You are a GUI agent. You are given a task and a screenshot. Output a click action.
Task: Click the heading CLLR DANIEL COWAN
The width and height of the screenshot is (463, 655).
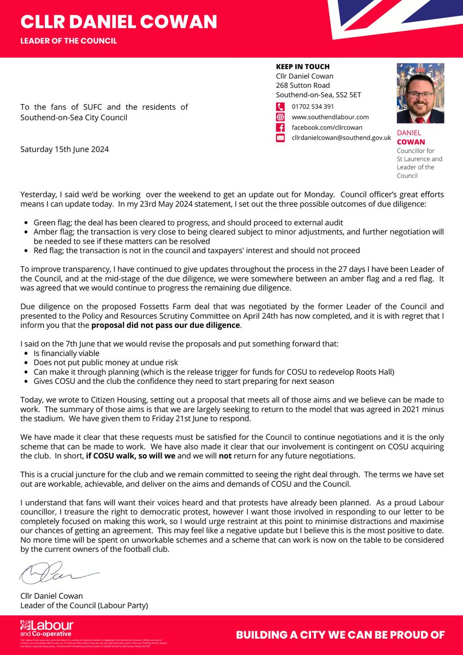point(118,22)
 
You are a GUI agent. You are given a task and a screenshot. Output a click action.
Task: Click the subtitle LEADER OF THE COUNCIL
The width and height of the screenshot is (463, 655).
point(68,41)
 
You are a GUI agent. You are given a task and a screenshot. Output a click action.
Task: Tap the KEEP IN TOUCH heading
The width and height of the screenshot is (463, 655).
point(302,67)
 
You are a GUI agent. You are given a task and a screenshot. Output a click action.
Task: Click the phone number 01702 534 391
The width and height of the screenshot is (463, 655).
point(313,106)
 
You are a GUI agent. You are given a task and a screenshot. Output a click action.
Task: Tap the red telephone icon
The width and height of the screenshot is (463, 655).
point(281,107)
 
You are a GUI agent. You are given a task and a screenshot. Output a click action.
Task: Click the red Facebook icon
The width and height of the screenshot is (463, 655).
point(281,128)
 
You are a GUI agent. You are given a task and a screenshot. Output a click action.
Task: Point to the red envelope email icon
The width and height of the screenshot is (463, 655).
point(281,139)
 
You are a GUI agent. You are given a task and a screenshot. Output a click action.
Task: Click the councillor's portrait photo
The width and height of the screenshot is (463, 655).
point(420,93)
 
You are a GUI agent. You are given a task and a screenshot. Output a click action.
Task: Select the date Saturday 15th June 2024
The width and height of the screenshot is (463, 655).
point(64,149)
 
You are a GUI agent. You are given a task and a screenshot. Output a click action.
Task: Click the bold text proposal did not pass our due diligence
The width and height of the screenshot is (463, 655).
point(166,326)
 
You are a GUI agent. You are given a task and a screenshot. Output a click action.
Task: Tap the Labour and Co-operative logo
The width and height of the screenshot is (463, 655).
point(46,627)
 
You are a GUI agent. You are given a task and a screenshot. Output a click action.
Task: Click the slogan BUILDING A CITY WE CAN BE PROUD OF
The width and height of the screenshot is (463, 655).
point(340,635)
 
